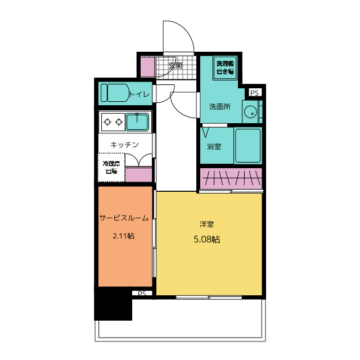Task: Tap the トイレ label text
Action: pyautogui.click(x=139, y=94)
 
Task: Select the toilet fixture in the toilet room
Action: pyautogui.click(x=114, y=93)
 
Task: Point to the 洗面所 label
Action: pyautogui.click(x=220, y=106)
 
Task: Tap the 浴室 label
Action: pyautogui.click(x=214, y=147)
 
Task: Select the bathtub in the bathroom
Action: pyautogui.click(x=247, y=146)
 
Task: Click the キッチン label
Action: pyautogui.click(x=124, y=145)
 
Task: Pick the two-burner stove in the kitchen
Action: pyautogui.click(x=112, y=121)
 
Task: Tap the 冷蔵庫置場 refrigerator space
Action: pyautogui.click(x=110, y=167)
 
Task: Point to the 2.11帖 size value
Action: pyautogui.click(x=124, y=236)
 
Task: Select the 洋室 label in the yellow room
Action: pyautogui.click(x=206, y=224)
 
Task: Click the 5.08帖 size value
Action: pyautogui.click(x=206, y=239)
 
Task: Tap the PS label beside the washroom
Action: pyautogui.click(x=254, y=93)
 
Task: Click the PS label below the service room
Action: pyautogui.click(x=141, y=294)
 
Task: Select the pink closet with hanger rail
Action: pyautogui.click(x=231, y=178)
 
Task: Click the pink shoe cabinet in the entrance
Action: pyautogui.click(x=147, y=67)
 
